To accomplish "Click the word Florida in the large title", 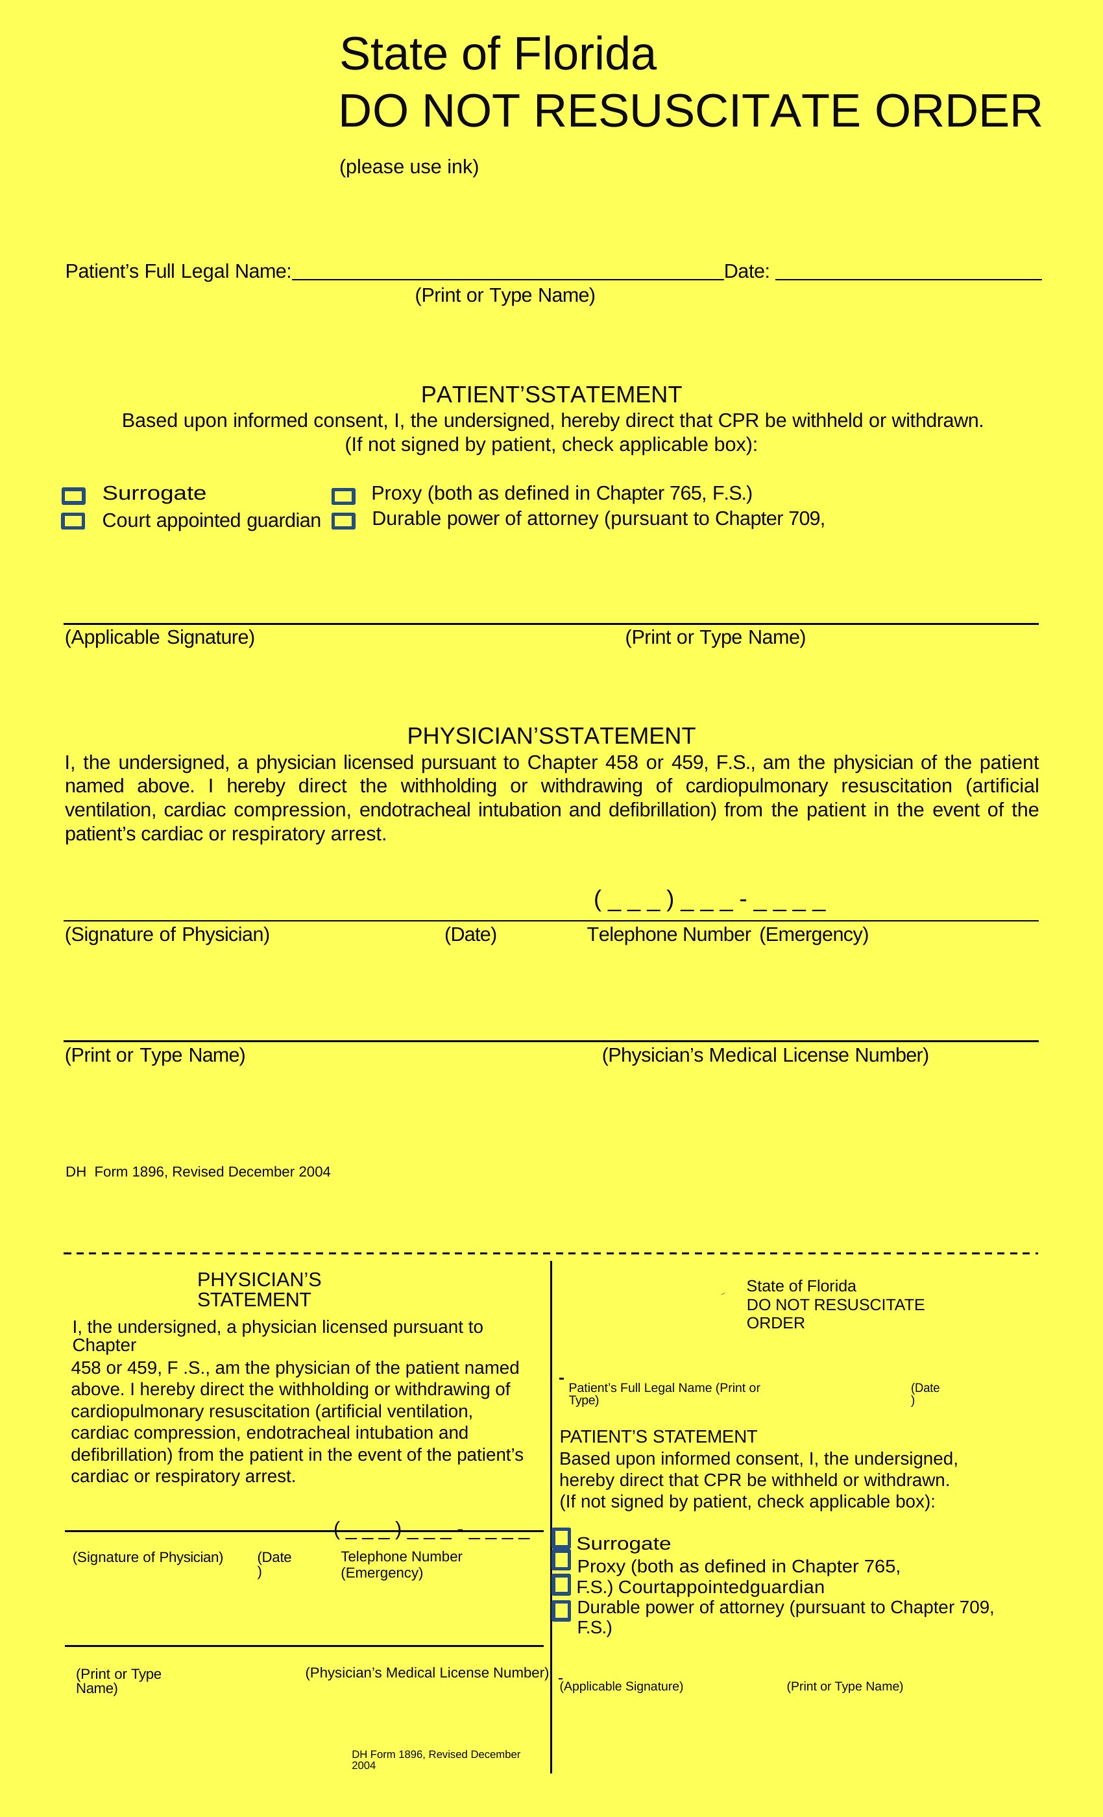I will click(584, 55).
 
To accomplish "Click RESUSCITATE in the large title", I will click(697, 112).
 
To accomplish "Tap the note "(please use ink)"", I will click(409, 167).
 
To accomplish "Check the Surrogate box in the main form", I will click(74, 496).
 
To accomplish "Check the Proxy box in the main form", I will click(344, 496).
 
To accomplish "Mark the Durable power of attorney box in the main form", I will click(344, 520).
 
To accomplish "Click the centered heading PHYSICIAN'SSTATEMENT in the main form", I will click(551, 736).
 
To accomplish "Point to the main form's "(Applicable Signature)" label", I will click(160, 637).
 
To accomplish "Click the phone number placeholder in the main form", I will click(709, 901).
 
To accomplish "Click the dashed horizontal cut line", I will click(551, 1253).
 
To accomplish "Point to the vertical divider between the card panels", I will click(551, 1512).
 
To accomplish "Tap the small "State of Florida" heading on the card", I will click(801, 1286).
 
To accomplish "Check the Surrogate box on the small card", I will click(561, 1538).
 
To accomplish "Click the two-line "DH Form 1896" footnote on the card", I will click(436, 1759).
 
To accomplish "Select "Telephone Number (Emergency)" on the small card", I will click(401, 1565).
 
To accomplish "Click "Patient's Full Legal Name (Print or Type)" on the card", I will click(664, 1394).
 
